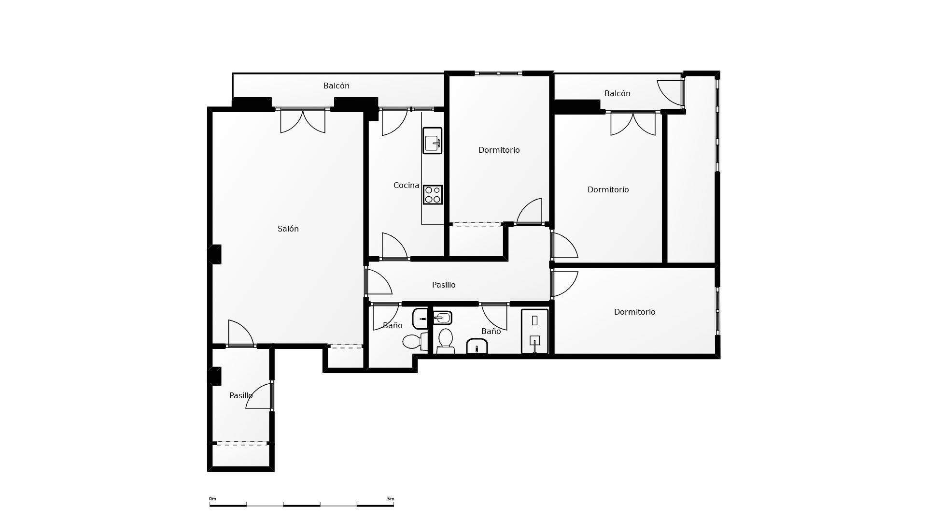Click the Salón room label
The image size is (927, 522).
pos(288,229)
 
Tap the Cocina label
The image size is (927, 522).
pos(406,185)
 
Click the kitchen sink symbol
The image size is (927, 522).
pos(432,141)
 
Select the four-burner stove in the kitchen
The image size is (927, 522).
pos(433,194)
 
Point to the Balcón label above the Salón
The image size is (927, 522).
pos(336,86)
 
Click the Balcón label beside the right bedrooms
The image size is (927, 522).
pos(617,93)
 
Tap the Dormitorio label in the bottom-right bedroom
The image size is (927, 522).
pos(634,312)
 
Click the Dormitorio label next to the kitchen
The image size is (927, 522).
pos(499,150)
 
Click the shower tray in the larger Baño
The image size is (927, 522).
pos(534,331)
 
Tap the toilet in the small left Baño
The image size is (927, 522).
pos(413,342)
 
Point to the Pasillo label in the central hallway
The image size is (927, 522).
pos(443,285)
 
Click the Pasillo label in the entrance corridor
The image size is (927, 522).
pos(240,395)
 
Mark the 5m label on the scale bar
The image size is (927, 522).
pos(390,499)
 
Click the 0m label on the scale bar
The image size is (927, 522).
pos(212,499)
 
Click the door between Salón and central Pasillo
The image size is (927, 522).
pos(378,282)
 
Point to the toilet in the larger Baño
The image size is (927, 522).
pos(445,341)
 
